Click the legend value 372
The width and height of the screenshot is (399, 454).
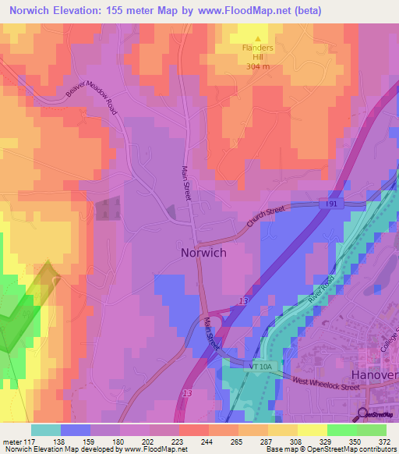[x=383, y=441]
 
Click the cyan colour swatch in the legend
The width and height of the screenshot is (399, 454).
[x=46, y=430]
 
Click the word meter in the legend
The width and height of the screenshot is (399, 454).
[x=11, y=441]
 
